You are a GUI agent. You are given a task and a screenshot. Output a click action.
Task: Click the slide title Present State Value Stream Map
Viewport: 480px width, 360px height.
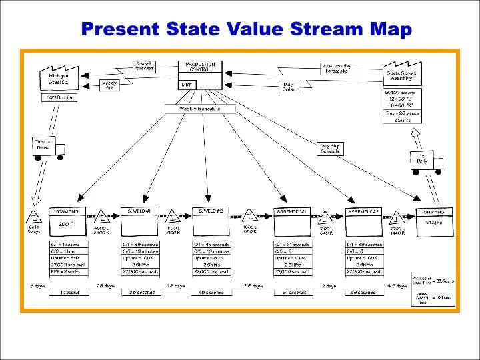246,29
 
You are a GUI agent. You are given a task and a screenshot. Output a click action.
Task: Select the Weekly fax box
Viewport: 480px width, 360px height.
109,85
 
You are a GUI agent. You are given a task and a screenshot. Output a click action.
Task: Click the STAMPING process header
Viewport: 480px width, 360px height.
67,211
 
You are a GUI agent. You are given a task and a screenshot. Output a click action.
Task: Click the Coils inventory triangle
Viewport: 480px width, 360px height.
33,217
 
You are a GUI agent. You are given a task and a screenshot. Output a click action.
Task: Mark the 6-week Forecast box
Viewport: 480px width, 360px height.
144,66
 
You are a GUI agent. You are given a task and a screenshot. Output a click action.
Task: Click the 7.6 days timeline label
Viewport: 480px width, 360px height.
105,286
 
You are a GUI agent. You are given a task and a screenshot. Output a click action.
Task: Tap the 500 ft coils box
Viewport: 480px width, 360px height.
60,97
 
